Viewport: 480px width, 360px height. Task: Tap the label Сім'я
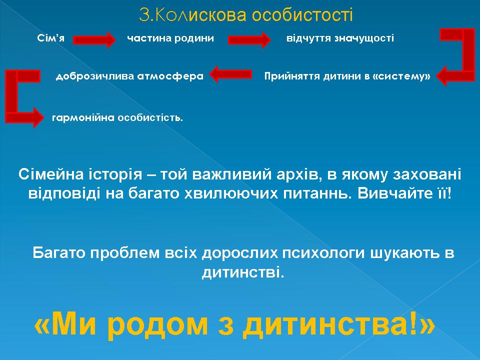51,38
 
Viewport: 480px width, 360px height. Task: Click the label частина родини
170,38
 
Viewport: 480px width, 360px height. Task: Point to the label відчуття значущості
340,38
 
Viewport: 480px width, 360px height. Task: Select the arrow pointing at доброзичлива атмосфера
230,74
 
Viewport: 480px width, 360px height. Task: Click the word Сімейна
51,174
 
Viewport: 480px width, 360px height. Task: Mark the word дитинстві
243,272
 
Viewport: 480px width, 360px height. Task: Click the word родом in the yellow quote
158,324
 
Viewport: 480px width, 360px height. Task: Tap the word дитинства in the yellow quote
326,324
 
